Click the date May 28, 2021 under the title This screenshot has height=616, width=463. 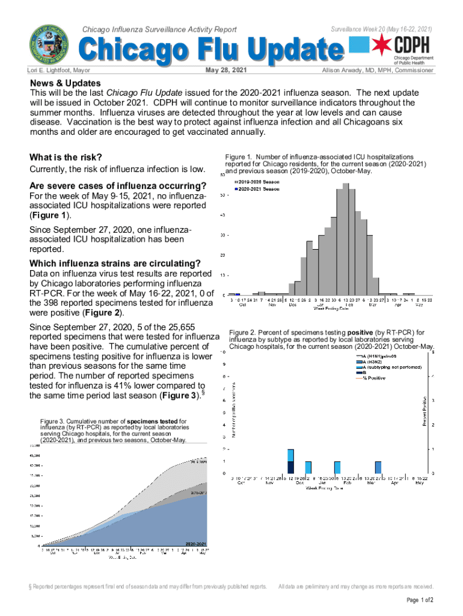click(226, 70)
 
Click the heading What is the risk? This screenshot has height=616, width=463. click(66, 158)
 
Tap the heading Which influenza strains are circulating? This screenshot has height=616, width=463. click(115, 263)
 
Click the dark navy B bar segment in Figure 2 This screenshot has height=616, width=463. click(290, 467)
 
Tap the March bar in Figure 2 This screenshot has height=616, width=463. click(378, 467)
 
